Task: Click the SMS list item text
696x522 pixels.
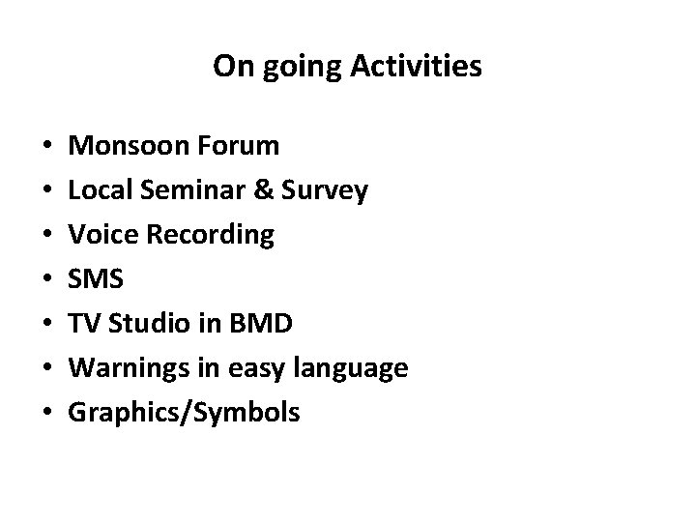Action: pos(97,279)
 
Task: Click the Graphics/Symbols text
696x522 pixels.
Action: pos(186,415)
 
